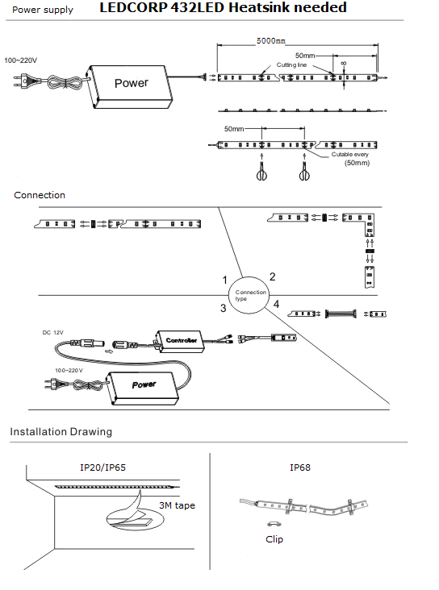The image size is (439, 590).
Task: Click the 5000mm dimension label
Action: click(270, 40)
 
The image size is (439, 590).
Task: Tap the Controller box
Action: click(179, 341)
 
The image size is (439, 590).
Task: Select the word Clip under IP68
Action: click(274, 539)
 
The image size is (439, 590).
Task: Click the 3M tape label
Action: click(177, 505)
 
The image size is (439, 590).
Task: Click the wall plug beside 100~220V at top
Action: click(24, 81)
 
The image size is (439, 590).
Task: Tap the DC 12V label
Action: click(52, 333)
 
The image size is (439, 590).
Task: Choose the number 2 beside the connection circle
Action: click(273, 277)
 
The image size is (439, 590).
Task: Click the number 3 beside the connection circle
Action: click(223, 308)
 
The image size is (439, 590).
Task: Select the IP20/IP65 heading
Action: click(102, 467)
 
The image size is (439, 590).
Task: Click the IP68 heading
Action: click(300, 467)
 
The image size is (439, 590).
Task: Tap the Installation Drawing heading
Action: click(61, 431)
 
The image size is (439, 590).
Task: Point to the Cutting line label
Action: click(291, 64)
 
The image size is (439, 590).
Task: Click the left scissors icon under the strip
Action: click(261, 171)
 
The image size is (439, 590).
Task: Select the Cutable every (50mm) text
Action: click(350, 159)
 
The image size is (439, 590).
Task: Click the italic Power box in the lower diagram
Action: click(143, 387)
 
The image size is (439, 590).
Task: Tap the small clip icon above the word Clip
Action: click(274, 523)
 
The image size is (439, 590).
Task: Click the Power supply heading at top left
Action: click(43, 10)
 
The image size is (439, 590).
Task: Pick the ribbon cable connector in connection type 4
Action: click(341, 314)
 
